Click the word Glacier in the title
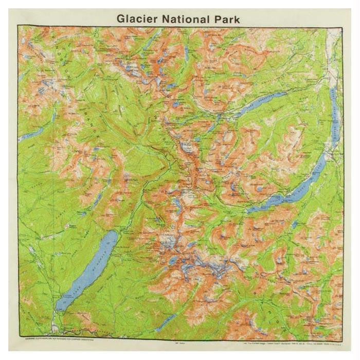[x=137, y=19]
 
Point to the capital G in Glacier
[x=121, y=19]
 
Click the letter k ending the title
[x=237, y=19]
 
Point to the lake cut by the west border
[x=28, y=136]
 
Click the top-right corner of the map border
[x=343, y=26]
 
